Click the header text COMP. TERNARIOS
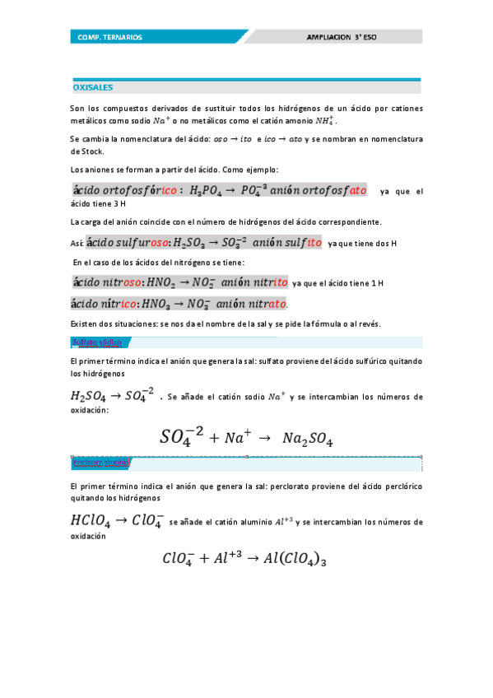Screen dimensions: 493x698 [x=109, y=37]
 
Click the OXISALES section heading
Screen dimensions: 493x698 [x=93, y=86]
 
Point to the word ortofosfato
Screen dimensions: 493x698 [x=325, y=191]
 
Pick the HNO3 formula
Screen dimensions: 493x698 [x=164, y=303]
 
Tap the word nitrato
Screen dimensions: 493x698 [x=262, y=303]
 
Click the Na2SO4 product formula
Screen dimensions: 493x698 [x=308, y=438]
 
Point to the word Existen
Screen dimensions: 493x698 [x=84, y=323]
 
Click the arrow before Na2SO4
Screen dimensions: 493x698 [x=263, y=439]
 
